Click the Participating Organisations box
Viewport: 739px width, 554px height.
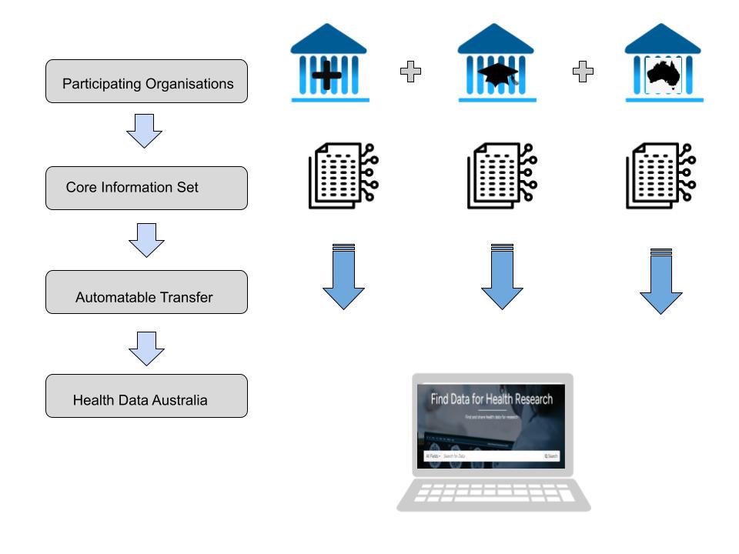[x=146, y=82]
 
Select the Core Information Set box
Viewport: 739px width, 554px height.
[x=146, y=188]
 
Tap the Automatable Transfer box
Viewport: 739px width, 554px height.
[x=146, y=292]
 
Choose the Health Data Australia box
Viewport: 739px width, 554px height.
[x=146, y=396]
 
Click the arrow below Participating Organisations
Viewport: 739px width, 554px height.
[x=144, y=132]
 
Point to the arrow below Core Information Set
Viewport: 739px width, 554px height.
[x=146, y=240]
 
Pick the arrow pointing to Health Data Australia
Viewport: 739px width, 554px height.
[x=146, y=349]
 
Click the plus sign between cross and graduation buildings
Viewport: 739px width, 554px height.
[x=410, y=73]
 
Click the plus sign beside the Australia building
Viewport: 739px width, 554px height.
[x=584, y=73]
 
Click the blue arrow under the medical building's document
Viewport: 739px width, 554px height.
[x=343, y=277]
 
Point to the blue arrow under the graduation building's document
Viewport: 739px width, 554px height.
[x=502, y=277]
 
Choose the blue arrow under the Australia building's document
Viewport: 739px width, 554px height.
[x=661, y=281]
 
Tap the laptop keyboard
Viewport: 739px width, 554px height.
[x=493, y=493]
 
